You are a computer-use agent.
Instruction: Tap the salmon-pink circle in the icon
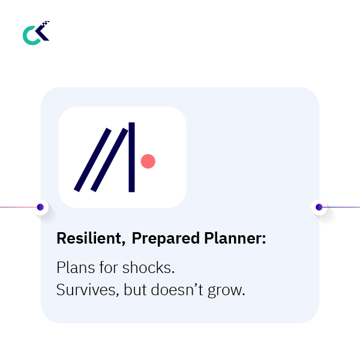148,161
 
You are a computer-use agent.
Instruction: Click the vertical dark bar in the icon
131,157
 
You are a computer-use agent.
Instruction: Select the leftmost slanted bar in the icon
92,160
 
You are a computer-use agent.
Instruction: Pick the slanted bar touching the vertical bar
110,160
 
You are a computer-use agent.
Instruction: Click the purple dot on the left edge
40,207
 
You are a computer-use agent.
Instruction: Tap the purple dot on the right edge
319,207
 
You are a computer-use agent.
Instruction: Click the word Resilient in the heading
90,238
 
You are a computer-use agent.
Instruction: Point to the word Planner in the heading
230,238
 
